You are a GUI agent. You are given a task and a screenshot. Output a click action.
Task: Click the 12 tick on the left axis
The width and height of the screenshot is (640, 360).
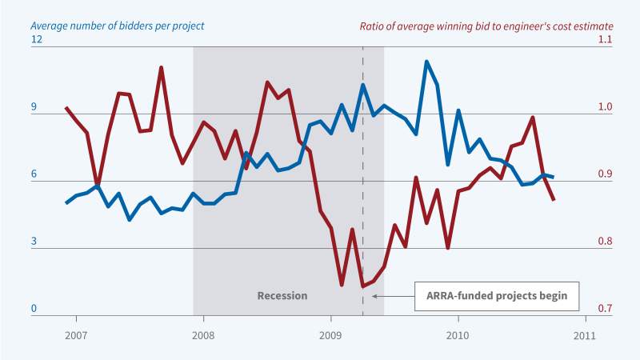pos(37,39)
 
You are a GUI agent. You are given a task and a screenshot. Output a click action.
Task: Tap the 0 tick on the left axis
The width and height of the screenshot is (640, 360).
pos(34,309)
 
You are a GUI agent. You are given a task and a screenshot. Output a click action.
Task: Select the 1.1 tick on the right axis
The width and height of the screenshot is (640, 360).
pos(601,39)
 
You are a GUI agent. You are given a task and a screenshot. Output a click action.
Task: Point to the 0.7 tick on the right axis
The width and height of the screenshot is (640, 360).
pos(601,309)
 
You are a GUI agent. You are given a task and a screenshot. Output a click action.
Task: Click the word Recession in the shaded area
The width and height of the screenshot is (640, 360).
pos(282,295)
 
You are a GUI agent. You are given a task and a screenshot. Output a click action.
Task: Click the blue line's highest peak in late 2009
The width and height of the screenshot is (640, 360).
pos(426,62)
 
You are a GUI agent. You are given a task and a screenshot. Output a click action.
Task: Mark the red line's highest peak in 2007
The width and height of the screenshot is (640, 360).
pos(162,67)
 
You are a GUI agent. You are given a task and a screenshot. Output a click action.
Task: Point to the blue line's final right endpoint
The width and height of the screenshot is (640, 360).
pos(554,177)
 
